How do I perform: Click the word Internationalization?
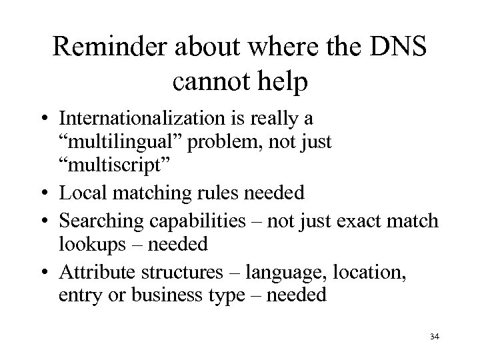163,119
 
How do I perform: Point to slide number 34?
435,337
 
